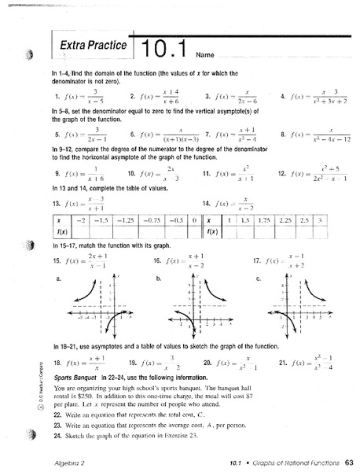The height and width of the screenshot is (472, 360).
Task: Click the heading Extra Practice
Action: click(94, 46)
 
